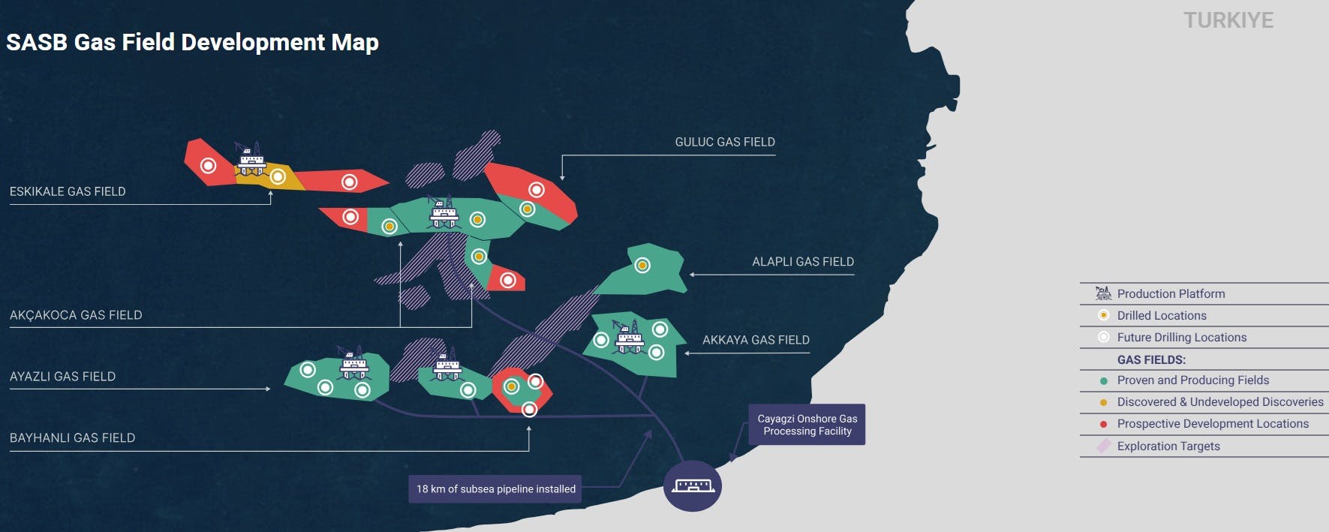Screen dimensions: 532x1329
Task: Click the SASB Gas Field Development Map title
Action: coord(192,42)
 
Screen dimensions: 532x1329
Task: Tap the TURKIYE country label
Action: coord(1228,20)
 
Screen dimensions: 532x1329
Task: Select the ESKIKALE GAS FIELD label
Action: coord(68,191)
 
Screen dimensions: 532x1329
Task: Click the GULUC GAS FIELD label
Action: coord(725,142)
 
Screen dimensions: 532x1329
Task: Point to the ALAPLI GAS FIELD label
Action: coord(803,262)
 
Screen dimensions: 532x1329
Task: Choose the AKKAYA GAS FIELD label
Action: coord(756,340)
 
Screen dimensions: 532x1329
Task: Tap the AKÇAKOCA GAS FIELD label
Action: coord(76,315)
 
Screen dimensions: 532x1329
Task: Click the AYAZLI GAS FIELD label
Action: coord(62,377)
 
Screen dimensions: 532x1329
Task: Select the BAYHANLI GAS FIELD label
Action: coord(72,438)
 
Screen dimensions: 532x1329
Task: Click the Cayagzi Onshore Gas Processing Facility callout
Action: coord(807,425)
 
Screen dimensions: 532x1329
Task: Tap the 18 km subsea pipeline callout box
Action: coord(496,489)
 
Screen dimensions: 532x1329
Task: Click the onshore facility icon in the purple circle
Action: coord(693,486)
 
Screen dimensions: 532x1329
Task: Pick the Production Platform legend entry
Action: coord(1170,294)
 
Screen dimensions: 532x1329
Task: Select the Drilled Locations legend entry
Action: coord(1161,316)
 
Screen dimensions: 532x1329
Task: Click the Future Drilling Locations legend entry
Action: coord(1181,338)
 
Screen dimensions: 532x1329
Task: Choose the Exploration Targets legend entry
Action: coord(1168,446)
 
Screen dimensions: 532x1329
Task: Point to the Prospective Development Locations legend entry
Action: coord(1212,424)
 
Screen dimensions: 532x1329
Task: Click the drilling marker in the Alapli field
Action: coord(642,265)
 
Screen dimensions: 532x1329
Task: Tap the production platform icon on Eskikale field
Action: coord(251,158)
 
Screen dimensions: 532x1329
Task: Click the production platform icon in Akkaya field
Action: coord(629,337)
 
